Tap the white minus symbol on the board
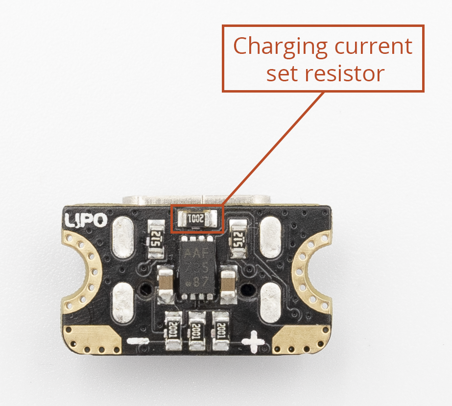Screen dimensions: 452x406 (x=139, y=341)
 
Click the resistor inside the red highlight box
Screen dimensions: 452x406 (x=197, y=219)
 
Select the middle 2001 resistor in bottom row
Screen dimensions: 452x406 (x=197, y=331)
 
